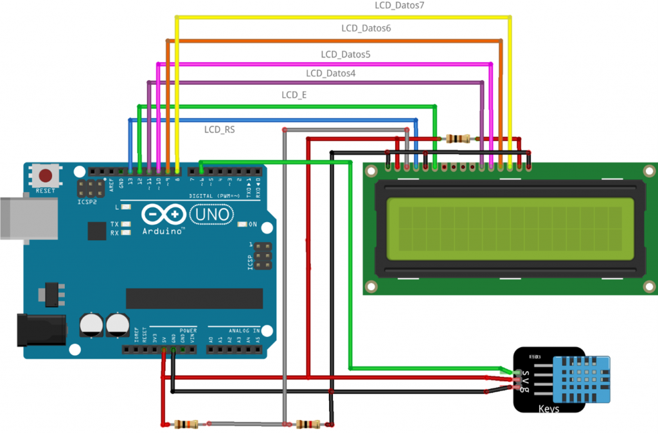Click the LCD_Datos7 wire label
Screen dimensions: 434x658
click(x=400, y=6)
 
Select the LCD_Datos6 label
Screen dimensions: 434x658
click(x=366, y=29)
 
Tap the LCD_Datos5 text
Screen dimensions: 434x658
click(x=346, y=55)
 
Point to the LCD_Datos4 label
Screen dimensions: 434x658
click(x=330, y=74)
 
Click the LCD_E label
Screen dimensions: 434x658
click(x=294, y=95)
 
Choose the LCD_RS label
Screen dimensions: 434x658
click(x=220, y=130)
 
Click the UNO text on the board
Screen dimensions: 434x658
click(x=210, y=214)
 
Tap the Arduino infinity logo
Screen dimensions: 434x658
click(x=158, y=214)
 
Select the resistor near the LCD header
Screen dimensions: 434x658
click(x=457, y=138)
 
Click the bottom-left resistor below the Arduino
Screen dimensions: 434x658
click(x=186, y=424)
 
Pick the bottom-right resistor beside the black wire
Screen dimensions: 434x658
click(x=308, y=424)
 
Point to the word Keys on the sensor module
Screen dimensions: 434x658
click(x=548, y=408)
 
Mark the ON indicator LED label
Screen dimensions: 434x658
click(x=253, y=225)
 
